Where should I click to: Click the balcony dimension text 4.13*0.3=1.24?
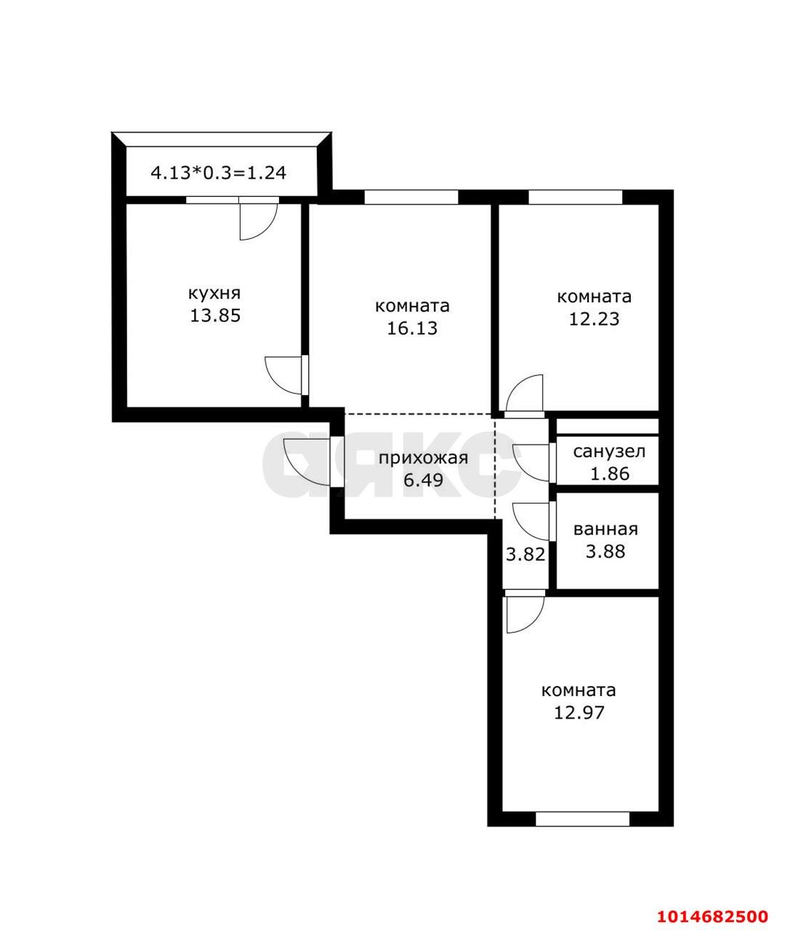pos(218,173)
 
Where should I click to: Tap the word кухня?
pos(214,294)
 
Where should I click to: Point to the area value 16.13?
pos(412,328)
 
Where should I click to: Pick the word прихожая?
pos(423,458)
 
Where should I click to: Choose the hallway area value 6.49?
pos(423,480)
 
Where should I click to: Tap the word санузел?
pos(609,452)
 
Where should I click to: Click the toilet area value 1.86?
pos(609,474)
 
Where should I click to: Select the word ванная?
pos(605,530)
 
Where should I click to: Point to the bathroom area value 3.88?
pos(605,551)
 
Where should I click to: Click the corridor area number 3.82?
pos(525,554)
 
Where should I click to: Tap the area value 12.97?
pos(579,713)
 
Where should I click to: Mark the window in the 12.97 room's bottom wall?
pos(582,819)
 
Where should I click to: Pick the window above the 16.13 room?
pos(411,197)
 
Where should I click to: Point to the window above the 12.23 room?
pos(575,197)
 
